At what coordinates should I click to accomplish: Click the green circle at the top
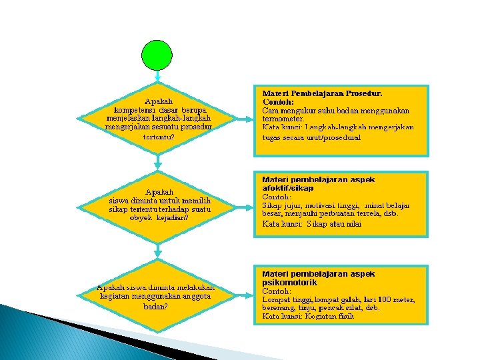(158, 55)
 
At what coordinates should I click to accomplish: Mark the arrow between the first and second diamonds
(158, 160)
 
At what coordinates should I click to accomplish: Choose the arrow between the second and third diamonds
(158, 250)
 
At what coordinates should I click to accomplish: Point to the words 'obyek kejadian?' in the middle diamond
(159, 218)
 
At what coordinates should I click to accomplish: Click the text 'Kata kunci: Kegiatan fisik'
(307, 317)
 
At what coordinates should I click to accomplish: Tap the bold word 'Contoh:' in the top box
(277, 101)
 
